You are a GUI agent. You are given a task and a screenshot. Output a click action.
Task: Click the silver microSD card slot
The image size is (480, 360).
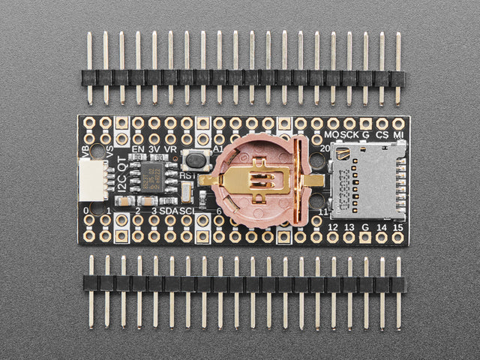(367, 180)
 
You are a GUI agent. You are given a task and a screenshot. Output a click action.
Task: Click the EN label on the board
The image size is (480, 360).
(138, 149)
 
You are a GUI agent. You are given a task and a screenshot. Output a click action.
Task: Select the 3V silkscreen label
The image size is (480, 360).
(155, 149)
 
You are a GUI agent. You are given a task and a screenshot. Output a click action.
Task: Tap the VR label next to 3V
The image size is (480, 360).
(171, 149)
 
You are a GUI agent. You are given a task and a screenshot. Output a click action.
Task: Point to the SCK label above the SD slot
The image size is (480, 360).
(349, 135)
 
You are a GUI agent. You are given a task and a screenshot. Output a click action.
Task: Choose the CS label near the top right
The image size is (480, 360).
(382, 135)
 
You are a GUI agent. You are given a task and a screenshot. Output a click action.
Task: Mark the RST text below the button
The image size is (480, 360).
(187, 175)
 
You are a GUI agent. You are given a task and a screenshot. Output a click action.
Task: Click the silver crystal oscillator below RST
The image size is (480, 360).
(185, 192)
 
